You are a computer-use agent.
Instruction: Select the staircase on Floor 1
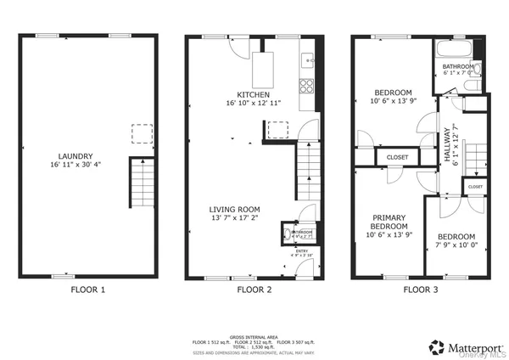coord(140,183)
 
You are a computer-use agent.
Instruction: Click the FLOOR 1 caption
coord(87,290)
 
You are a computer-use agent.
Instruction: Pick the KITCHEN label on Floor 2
coord(253,93)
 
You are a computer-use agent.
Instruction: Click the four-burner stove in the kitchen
coord(307,85)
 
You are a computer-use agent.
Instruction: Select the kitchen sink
coord(309,59)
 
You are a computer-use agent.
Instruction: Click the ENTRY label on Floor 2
coord(302,250)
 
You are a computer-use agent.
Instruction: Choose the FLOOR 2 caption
coord(254,290)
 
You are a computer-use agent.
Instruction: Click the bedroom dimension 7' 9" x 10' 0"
coord(456,245)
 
